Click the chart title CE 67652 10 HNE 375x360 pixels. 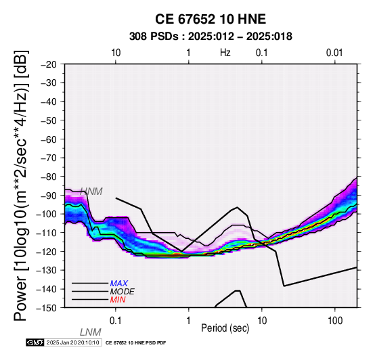coord(211,19)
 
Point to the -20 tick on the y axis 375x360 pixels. coord(49,65)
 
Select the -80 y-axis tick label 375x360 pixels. coord(49,177)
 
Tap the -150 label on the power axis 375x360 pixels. coord(47,308)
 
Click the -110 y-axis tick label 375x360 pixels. coord(47,233)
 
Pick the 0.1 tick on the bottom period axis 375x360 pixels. coord(116,321)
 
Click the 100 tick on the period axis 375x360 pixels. coord(335,321)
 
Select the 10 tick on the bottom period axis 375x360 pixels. coord(262,321)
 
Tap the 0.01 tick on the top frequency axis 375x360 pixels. coord(334,53)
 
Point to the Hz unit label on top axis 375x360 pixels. coord(225,53)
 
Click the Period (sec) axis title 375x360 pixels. coord(225,328)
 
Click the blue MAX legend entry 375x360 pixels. coord(119,284)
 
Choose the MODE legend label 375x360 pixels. coord(123,292)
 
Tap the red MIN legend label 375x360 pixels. coord(118,300)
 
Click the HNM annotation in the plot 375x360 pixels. coord(91,192)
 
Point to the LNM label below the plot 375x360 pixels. coord(91,332)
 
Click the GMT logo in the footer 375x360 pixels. coord(35,343)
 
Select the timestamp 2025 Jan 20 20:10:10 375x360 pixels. coord(73,343)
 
